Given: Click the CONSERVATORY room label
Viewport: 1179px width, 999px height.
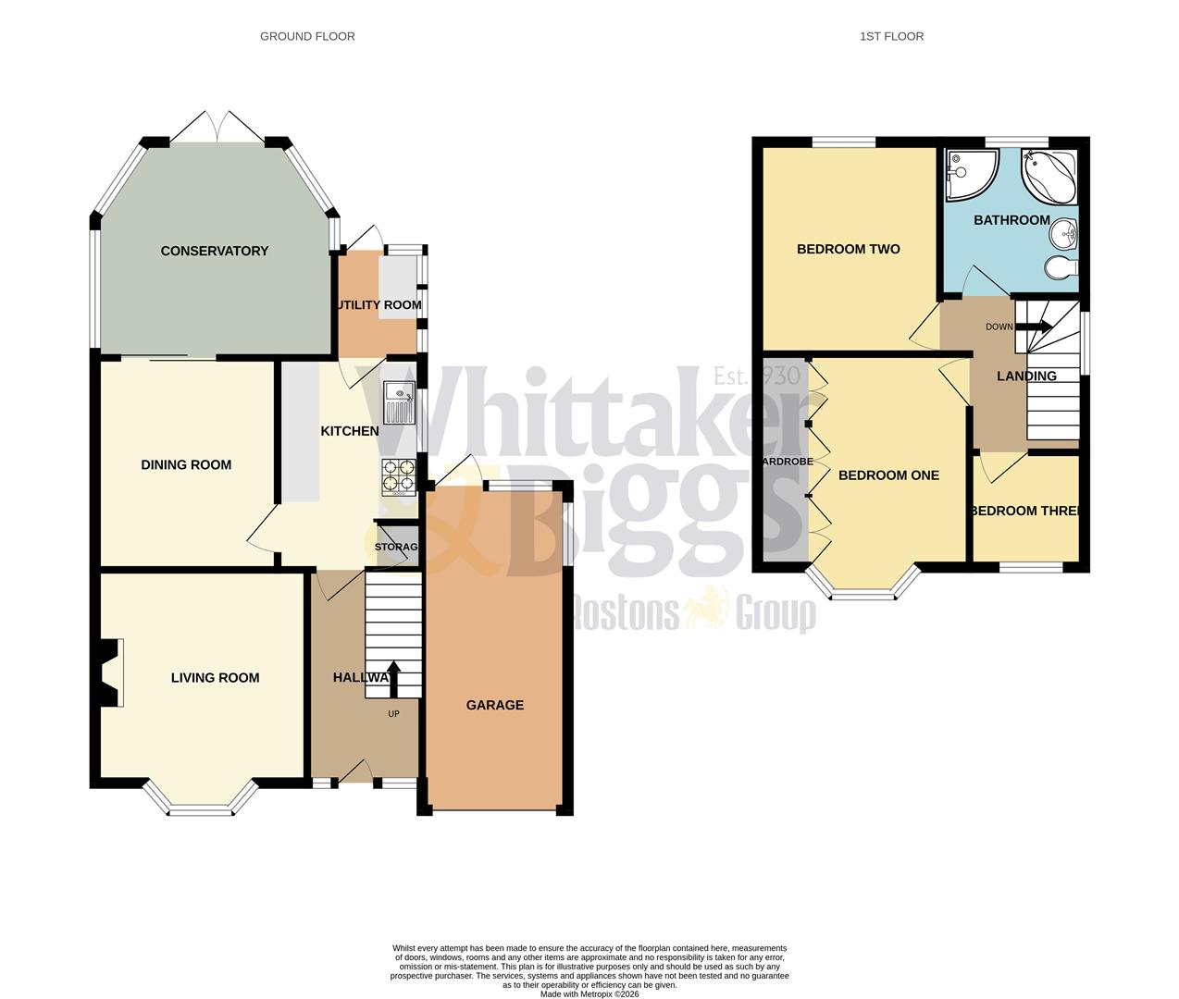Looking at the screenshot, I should [x=214, y=251].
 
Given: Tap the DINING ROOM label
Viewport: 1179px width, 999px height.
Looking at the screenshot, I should [x=186, y=464].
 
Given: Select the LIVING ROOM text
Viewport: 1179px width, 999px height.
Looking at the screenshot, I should [x=215, y=677].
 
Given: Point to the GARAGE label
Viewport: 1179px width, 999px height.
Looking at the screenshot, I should [x=494, y=705].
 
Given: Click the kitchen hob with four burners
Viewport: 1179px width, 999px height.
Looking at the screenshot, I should [x=399, y=476].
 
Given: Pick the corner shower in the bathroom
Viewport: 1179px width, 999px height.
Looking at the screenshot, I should [x=968, y=173].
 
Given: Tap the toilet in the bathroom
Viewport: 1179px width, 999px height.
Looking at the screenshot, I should [x=1061, y=268].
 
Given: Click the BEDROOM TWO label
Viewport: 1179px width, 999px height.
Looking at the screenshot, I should [x=848, y=249].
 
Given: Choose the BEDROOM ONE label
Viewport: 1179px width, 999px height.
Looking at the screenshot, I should [x=887, y=475].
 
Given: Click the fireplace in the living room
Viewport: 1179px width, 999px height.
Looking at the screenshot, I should [x=108, y=672].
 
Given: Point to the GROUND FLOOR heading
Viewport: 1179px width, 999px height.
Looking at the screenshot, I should [x=307, y=36].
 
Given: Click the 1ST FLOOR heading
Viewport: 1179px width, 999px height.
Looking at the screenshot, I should [x=891, y=36].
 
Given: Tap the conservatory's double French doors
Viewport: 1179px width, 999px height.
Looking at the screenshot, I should [x=217, y=127].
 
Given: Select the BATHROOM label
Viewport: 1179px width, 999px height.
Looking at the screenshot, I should [x=1011, y=220].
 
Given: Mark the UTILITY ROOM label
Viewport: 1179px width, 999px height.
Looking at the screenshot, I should [x=378, y=304].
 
